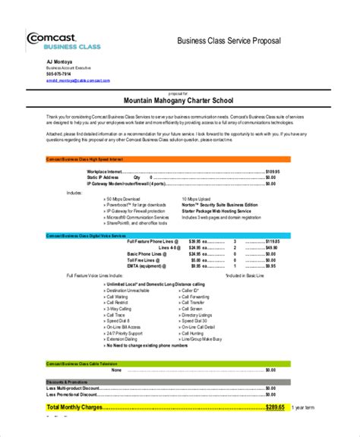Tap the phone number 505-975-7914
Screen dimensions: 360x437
[x=59, y=74]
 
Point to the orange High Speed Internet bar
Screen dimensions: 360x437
[x=166, y=159]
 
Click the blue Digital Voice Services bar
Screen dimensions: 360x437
[x=166, y=237]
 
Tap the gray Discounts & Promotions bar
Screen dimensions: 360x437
[x=166, y=382]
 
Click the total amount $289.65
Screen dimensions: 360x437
[x=274, y=407]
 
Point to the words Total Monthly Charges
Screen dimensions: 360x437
[x=76, y=407]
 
